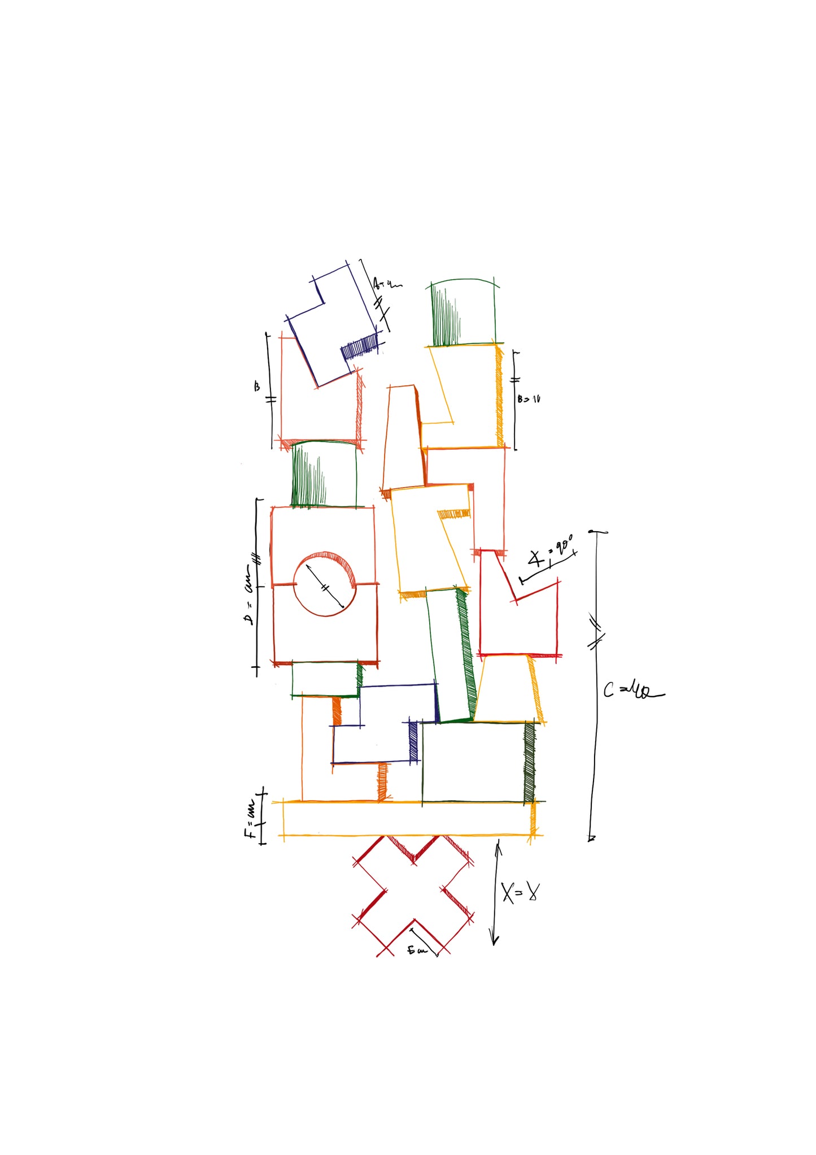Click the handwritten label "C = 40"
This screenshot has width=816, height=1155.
click(x=632, y=691)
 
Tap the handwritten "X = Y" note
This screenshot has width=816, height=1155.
click(x=520, y=893)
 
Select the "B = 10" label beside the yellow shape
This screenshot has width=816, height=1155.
click(x=529, y=399)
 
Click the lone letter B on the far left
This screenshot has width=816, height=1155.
click(x=257, y=387)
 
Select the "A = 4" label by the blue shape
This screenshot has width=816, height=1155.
click(x=386, y=284)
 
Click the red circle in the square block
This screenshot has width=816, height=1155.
click(x=325, y=584)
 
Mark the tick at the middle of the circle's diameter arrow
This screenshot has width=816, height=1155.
click(x=325, y=588)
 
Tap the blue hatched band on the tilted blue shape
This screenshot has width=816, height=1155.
click(x=359, y=346)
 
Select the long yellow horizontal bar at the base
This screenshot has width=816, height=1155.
click(x=407, y=818)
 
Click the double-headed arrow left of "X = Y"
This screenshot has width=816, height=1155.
click(x=496, y=893)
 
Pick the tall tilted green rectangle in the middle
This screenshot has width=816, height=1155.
click(x=452, y=655)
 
